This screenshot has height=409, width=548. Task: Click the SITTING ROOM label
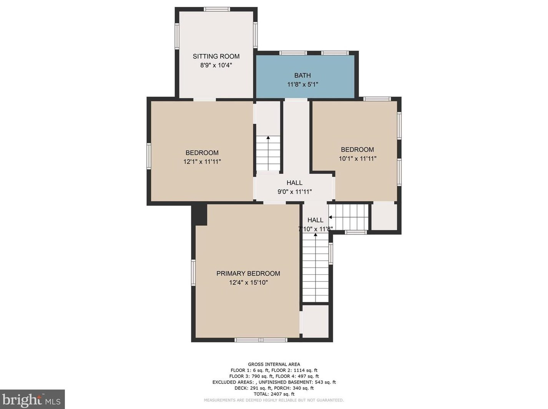(x=216, y=56)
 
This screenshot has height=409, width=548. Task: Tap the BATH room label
(x=302, y=75)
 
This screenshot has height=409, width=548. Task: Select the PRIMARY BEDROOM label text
(x=248, y=274)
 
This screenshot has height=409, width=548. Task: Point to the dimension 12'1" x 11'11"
(x=202, y=162)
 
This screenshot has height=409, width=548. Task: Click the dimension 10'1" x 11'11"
(x=357, y=158)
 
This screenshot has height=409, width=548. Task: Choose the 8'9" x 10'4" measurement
(x=216, y=65)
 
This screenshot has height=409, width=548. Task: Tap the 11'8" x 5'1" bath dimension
(x=302, y=84)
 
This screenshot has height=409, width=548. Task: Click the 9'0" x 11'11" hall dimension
(x=295, y=192)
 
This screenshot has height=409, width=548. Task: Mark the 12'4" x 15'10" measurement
(x=248, y=283)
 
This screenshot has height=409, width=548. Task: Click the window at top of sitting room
(x=216, y=9)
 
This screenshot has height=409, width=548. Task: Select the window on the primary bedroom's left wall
(x=193, y=272)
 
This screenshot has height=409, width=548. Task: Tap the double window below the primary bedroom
(x=261, y=340)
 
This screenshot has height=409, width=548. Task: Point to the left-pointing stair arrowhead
(x=330, y=217)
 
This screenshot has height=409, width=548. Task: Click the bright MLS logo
(x=32, y=399)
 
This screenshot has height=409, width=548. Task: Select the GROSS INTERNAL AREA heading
(x=274, y=364)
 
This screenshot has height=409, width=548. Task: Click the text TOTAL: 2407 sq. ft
(x=274, y=394)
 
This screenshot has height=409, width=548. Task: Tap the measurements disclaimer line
(x=274, y=400)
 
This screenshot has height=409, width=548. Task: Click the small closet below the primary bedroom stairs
(x=316, y=321)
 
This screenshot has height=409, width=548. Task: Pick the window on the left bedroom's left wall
(x=149, y=156)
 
